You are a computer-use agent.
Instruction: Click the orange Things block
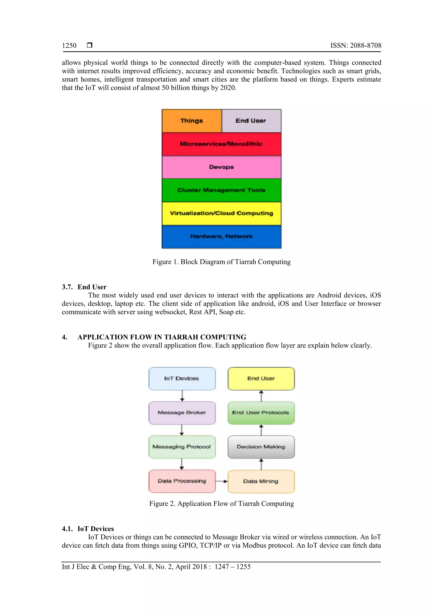[x=192, y=121]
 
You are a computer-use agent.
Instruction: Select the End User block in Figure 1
[x=251, y=121]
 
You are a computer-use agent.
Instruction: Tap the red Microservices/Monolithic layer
[x=221, y=144]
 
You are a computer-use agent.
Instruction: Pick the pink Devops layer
[x=221, y=167]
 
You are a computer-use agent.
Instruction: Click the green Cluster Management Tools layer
[x=221, y=190]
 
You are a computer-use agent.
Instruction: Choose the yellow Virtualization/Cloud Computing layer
[x=221, y=213]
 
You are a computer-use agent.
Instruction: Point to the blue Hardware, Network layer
[x=221, y=236]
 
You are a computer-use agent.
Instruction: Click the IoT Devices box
[x=182, y=379]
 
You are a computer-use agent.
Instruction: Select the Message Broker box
[x=182, y=413]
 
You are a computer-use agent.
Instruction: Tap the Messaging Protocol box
[x=182, y=447]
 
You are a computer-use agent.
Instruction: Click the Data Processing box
[x=182, y=481]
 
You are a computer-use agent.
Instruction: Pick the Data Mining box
[x=261, y=481]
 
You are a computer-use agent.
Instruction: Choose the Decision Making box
[x=261, y=447]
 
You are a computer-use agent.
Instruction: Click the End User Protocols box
[x=261, y=413]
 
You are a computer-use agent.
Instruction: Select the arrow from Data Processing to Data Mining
[x=221, y=481]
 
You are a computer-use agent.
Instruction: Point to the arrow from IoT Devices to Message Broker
[x=182, y=396]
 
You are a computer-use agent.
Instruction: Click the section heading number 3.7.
[x=67, y=287]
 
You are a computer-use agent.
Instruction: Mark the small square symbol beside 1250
[x=90, y=45]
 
